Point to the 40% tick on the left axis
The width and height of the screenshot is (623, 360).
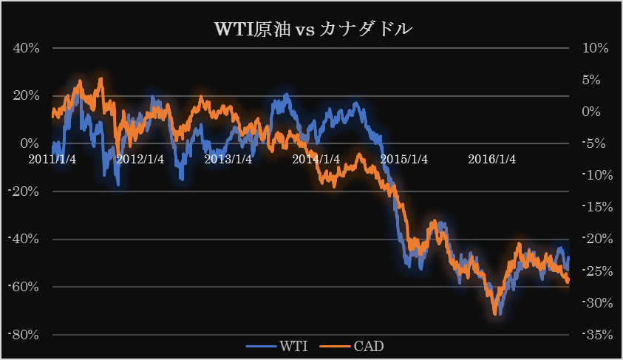tap(27, 48)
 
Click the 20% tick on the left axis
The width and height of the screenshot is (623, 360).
tap(27, 95)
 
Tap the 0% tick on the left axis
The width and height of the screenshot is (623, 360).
tap(30, 143)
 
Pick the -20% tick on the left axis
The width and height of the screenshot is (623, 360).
tap(24, 191)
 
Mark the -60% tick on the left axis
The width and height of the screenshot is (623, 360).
tap(24, 287)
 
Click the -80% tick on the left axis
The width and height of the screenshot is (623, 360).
tap(24, 334)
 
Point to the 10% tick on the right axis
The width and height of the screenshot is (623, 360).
tap(595, 48)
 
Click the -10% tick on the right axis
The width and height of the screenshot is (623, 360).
tap(595, 175)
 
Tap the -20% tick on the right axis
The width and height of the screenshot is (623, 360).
tap(595, 239)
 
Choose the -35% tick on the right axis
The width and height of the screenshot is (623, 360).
tap(595, 334)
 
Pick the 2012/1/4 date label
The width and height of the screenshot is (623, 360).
tap(140, 159)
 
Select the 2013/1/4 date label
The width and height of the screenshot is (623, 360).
tap(228, 159)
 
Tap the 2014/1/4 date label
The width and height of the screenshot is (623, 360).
tap(316, 159)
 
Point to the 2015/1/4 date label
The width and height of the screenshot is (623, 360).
tap(404, 159)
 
